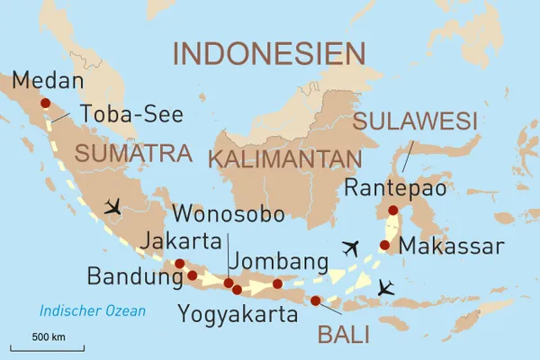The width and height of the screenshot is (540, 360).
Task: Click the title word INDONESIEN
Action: tap(270, 53)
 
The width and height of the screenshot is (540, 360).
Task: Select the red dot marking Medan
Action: tap(45, 103)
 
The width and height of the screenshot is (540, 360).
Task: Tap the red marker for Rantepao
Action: tap(392, 211)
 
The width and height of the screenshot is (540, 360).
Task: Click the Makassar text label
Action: tap(451, 245)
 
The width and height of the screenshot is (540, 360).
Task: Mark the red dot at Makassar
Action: tap(385, 245)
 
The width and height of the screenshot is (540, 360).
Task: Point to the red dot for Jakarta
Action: tap(179, 264)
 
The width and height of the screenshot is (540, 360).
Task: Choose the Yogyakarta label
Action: tap(237, 314)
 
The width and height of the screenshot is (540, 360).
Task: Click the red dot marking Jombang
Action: tap(277, 284)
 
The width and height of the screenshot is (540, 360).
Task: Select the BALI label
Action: tap(343, 335)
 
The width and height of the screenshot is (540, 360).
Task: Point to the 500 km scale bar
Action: tap(47, 346)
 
